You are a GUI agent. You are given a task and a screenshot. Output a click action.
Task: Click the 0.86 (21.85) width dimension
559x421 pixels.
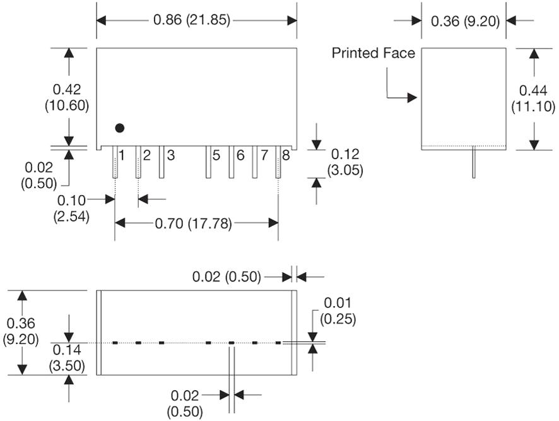pos(192,20)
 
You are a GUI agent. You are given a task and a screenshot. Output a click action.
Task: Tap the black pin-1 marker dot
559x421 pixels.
pos(120,128)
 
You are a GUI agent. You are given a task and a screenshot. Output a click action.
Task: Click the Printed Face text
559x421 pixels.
pos(374,54)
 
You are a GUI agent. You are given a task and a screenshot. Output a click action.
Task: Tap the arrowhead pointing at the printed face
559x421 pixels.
pos(413,97)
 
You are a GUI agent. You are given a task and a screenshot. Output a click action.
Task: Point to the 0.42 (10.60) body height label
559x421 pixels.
pos(67,97)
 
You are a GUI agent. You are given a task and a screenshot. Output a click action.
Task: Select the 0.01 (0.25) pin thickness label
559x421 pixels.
pos(338,311)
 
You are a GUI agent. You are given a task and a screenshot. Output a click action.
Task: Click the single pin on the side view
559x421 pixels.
pos(474,163)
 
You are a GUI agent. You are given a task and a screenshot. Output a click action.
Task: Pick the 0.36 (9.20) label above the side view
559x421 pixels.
pos(465,21)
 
